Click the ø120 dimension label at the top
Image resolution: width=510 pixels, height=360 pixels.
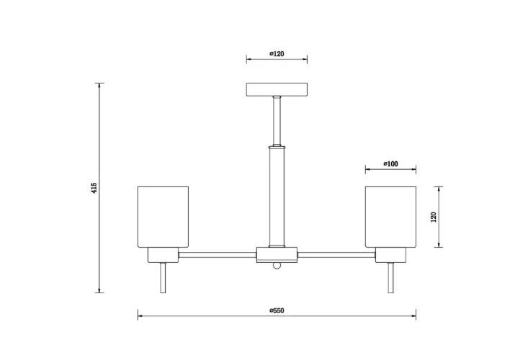[x=277, y=54]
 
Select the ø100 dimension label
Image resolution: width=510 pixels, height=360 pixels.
[x=390, y=164]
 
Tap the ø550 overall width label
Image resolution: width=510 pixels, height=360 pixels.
[x=277, y=310]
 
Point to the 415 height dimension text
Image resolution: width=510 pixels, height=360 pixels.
[x=94, y=188]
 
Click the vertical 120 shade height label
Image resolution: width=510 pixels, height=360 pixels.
[x=433, y=217]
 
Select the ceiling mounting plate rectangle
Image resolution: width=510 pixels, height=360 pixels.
[x=277, y=89]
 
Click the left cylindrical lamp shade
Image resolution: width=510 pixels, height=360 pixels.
[x=163, y=217]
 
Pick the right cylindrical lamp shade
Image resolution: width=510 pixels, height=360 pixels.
[x=390, y=217]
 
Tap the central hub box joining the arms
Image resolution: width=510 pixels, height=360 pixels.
[x=277, y=255]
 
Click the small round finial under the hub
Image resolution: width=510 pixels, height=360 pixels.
[x=277, y=266]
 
